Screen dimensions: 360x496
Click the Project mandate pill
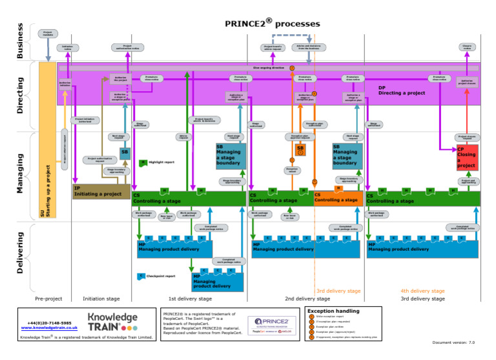tap(48, 34)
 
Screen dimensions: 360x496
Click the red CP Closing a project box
tap(466, 157)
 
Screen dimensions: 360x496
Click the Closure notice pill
tap(467, 47)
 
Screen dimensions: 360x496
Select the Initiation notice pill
tap(67, 47)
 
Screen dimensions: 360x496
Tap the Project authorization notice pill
tap(128, 47)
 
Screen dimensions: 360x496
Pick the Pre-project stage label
tap(50, 299)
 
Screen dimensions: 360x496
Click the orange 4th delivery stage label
tap(422, 291)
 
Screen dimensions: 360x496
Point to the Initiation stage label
tap(101, 299)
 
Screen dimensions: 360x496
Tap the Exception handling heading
tap(333, 311)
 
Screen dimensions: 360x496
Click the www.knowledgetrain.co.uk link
tap(50, 328)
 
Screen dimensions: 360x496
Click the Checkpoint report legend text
tap(161, 276)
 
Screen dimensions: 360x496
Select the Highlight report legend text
tap(162, 163)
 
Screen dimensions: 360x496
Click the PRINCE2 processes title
tap(272, 24)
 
